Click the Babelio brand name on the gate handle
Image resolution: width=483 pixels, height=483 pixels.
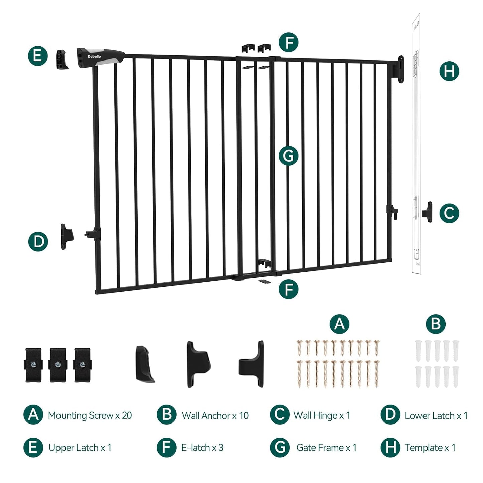pyautogui.click(x=94, y=57)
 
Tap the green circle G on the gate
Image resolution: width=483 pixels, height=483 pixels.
pyautogui.click(x=288, y=156)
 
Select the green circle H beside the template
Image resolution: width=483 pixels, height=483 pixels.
pyautogui.click(x=449, y=71)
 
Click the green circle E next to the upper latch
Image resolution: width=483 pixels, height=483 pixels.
pyautogui.click(x=38, y=55)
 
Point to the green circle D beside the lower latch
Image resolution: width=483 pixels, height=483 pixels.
pyautogui.click(x=38, y=241)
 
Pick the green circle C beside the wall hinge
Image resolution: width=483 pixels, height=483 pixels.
pyautogui.click(x=449, y=213)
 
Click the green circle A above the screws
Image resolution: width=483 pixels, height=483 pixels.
pyautogui.click(x=339, y=324)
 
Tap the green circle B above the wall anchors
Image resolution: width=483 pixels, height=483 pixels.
pyautogui.click(x=436, y=324)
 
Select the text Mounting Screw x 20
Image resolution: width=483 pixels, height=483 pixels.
pyautogui.click(x=90, y=415)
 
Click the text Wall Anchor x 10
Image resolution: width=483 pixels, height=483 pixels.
pyautogui.click(x=215, y=415)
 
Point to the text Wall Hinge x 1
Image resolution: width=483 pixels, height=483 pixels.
pyautogui.click(x=322, y=415)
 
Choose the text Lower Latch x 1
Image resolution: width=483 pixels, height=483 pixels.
pyautogui.click(x=436, y=415)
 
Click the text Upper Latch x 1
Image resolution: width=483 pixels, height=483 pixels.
pyautogui.click(x=80, y=448)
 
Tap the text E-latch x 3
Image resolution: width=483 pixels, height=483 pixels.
pyautogui.click(x=202, y=448)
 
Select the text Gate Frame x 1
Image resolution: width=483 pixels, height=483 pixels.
pyautogui.click(x=326, y=448)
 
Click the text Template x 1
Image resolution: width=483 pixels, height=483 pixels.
pyautogui.click(x=430, y=448)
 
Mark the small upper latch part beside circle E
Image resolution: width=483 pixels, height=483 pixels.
pyautogui.click(x=62, y=59)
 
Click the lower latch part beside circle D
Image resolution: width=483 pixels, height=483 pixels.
pyautogui.click(x=67, y=237)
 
